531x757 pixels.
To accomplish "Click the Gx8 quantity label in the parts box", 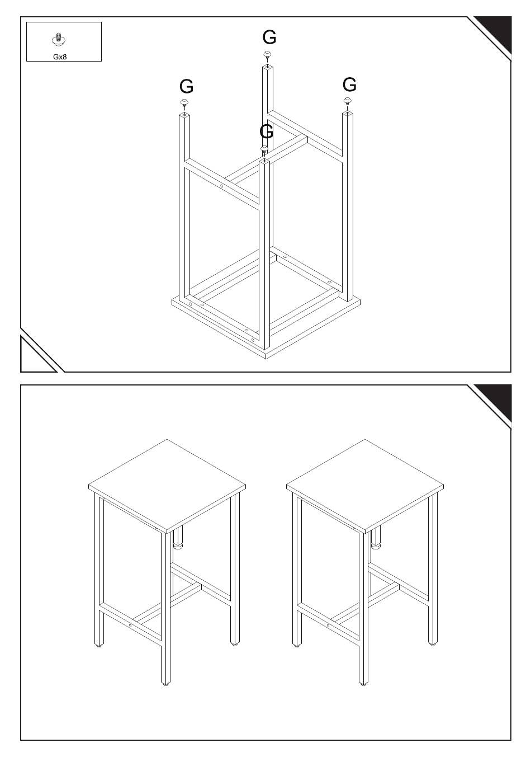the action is coord(60,57).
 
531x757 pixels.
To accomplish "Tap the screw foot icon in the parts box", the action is coord(59,39).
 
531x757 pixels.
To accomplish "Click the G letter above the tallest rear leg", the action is coord(269,37).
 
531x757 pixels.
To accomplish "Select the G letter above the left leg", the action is coord(186,86).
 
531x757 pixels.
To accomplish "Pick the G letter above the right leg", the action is coord(349,84).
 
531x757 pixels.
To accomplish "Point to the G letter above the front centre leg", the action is coord(267,131).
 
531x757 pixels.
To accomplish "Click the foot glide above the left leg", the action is coord(184,103).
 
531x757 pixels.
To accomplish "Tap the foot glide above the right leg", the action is coord(348,100).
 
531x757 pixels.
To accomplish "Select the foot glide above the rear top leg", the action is coord(267,55).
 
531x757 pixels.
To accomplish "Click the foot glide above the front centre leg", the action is coord(264,149).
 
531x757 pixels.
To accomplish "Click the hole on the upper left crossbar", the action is coord(221,186).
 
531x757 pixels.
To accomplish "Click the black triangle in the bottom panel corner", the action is coord(495,401).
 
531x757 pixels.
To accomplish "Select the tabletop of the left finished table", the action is coord(167,486).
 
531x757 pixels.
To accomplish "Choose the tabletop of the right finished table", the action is coord(365,486).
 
